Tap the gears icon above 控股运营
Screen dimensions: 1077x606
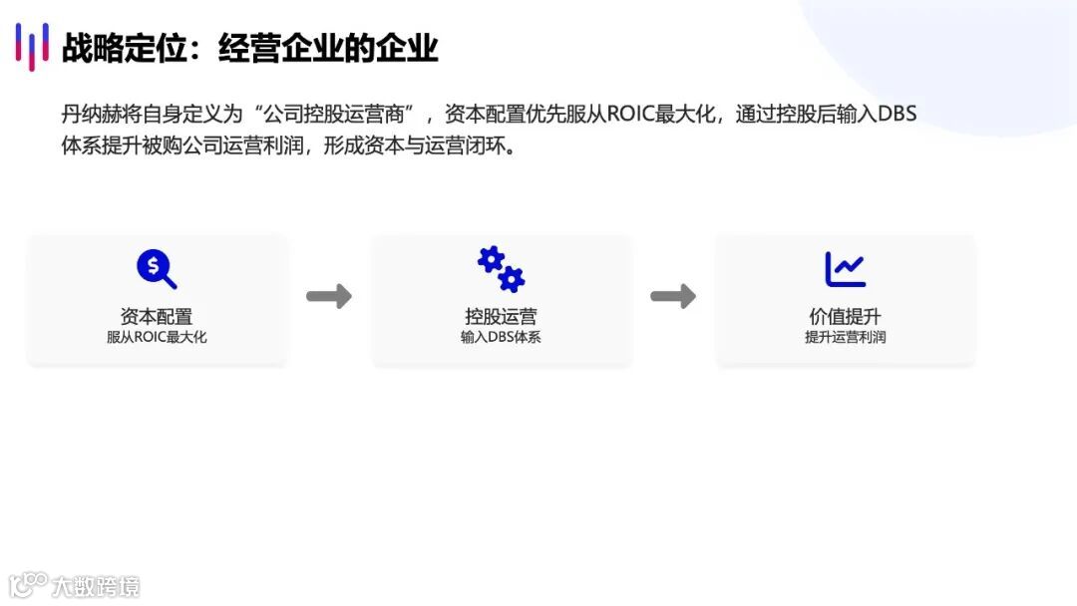pyautogui.click(x=501, y=269)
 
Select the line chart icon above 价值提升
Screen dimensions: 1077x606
pyautogui.click(x=845, y=269)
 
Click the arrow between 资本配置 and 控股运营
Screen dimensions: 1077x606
pyautogui.click(x=328, y=296)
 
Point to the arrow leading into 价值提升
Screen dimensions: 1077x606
pyautogui.click(x=673, y=296)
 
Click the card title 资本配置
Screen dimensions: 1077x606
pyautogui.click(x=157, y=317)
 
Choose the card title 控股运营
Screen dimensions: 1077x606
pyautogui.click(x=501, y=317)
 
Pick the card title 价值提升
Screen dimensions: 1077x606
pyautogui.click(x=845, y=317)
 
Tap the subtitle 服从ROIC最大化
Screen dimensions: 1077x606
pyautogui.click(x=157, y=338)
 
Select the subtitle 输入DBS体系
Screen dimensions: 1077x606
pyautogui.click(x=501, y=338)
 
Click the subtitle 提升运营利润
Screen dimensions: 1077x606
pyautogui.click(x=845, y=338)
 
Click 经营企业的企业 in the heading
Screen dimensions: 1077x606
pyautogui.click(x=328, y=48)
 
